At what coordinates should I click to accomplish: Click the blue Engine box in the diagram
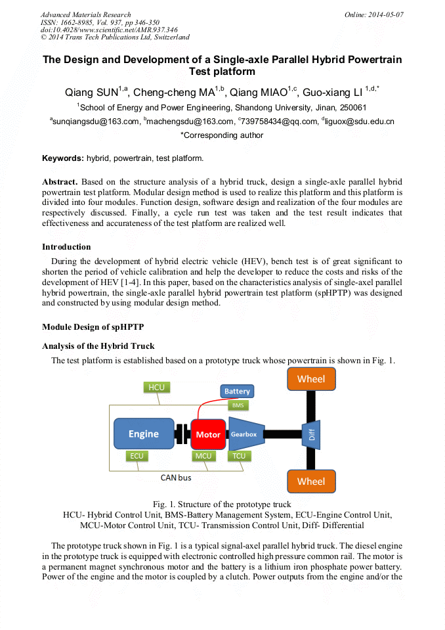[x=143, y=434]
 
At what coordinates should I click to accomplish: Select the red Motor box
[x=208, y=434]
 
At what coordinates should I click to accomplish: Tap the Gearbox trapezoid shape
[x=244, y=434]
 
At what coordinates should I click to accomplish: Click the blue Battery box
[x=237, y=391]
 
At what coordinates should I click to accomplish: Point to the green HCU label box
[x=156, y=387]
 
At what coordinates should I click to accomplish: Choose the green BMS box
[x=237, y=405]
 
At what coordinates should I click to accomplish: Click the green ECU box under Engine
[x=137, y=455]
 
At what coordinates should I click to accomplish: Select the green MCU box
[x=203, y=455]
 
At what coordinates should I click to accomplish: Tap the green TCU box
[x=238, y=455]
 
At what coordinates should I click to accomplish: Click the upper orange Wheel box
[x=310, y=379]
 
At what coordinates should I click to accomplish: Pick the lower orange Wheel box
[x=310, y=482]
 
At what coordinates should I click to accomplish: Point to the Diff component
[x=312, y=434]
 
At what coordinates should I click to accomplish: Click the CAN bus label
[x=176, y=478]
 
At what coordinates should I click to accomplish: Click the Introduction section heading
[x=66, y=247]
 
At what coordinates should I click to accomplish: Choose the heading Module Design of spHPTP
[x=93, y=327]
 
